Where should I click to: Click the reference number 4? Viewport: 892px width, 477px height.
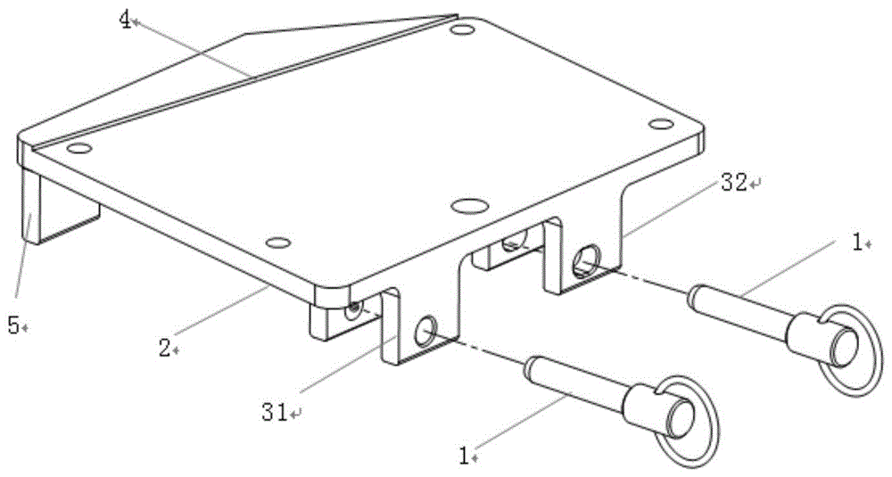[125, 19]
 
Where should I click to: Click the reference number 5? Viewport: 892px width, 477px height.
[13, 326]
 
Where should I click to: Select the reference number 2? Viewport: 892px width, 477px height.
[164, 348]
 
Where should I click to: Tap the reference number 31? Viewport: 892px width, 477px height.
[275, 412]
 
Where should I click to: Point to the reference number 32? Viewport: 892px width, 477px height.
[734, 183]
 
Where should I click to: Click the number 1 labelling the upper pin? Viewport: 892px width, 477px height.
[857, 243]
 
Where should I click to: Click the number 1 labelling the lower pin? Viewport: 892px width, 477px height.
[464, 456]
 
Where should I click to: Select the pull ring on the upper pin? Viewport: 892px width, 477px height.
[854, 350]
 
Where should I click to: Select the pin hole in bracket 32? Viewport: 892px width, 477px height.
[585, 259]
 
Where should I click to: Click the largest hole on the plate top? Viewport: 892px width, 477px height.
[469, 205]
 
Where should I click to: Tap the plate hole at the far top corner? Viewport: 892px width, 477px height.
[462, 29]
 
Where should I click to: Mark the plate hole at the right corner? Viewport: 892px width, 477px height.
[661, 124]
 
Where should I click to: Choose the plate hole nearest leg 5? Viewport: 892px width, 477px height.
[79, 149]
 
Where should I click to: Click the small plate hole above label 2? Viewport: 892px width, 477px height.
[278, 243]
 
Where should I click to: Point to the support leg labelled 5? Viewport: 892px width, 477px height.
[30, 208]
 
